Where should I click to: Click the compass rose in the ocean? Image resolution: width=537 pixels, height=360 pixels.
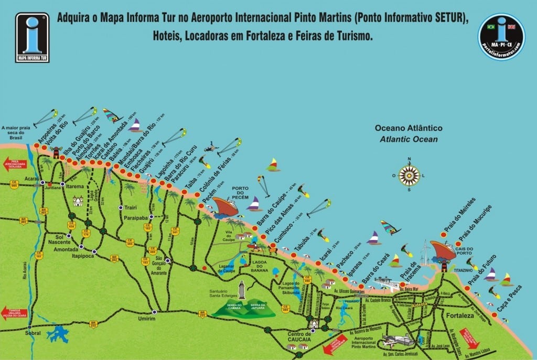click(409, 176)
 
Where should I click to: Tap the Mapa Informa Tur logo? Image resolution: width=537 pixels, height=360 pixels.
click(33, 38)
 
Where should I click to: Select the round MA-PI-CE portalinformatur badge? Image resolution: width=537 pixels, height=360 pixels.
click(501, 36)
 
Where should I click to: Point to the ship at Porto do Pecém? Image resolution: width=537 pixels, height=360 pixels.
click(225, 206)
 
